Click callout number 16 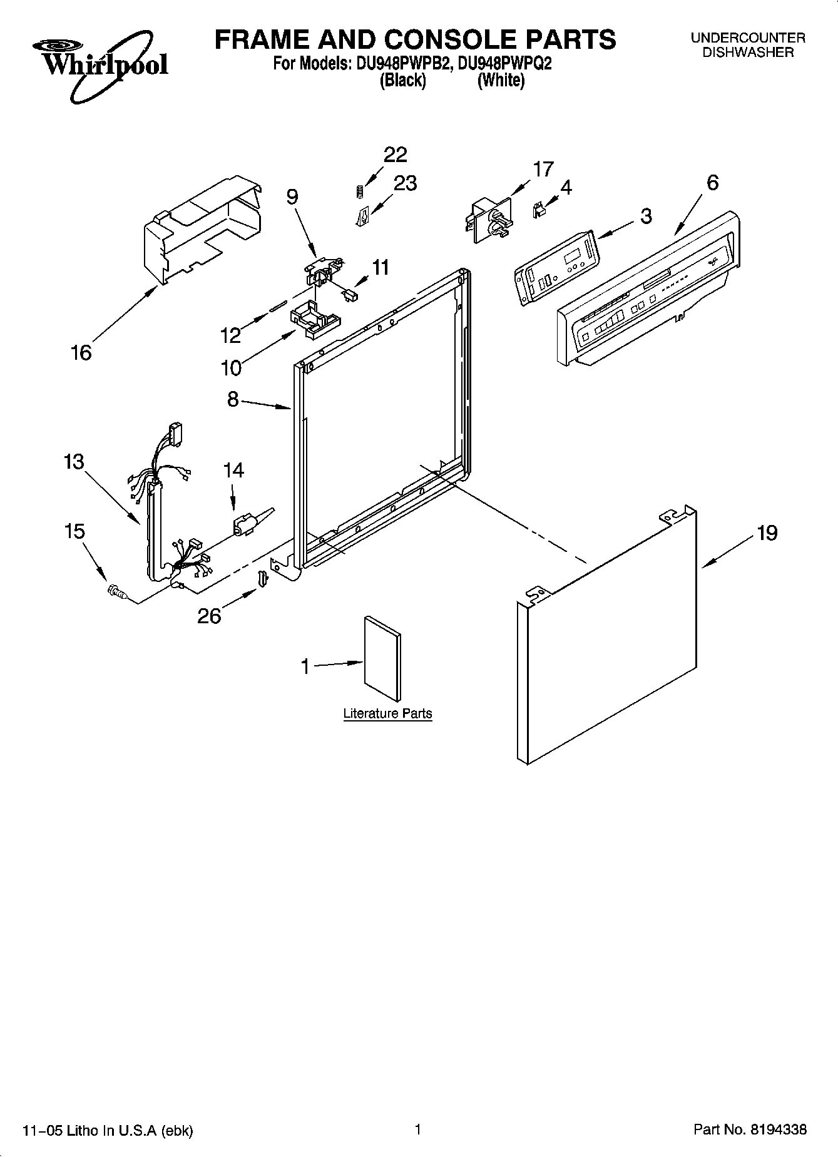81,353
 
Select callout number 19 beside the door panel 767,533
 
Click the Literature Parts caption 387,713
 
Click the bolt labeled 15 116,591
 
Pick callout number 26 210,616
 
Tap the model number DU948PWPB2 400,63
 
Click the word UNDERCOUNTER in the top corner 748,38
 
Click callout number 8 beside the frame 233,399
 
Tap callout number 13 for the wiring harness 73,462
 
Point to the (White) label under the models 501,80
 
